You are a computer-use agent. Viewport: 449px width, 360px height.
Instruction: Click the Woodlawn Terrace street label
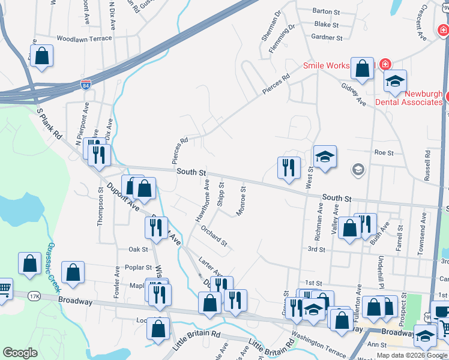tap(84, 38)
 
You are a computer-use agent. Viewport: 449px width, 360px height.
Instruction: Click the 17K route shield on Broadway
tap(34, 296)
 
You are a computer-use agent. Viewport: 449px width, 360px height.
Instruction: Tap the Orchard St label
tap(214, 236)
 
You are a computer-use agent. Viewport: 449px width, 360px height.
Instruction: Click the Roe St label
tap(383, 153)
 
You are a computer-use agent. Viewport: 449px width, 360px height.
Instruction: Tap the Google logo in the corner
tap(20, 353)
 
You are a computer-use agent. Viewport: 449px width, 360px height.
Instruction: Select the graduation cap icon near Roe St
tap(324, 158)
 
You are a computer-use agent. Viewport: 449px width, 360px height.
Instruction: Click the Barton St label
tap(326, 11)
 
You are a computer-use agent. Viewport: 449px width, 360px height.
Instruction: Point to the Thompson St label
tap(100, 206)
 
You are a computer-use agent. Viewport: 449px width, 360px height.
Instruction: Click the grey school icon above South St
tap(358, 170)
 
